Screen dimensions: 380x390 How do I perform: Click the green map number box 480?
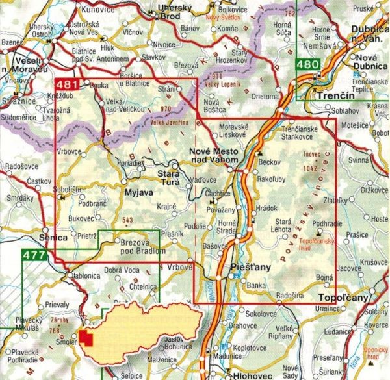307,64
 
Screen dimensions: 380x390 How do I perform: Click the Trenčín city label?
328,95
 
